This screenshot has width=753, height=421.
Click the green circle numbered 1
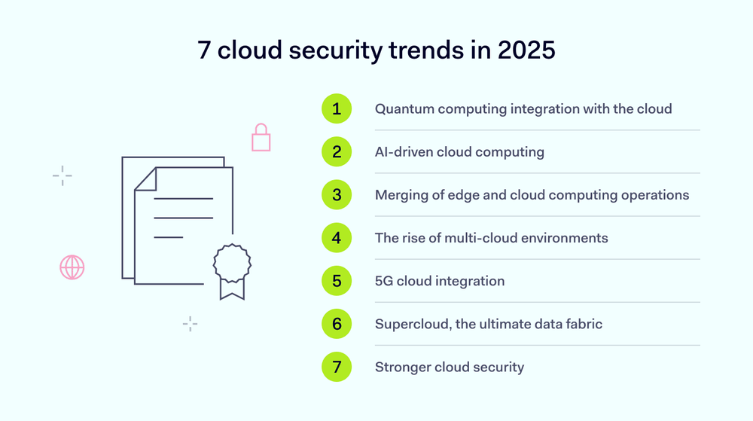tap(337, 108)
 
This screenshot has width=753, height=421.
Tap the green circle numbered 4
tap(337, 238)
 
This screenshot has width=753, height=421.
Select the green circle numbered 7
tap(337, 368)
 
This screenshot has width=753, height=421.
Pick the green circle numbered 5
tap(337, 281)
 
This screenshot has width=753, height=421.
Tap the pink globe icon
tap(72, 267)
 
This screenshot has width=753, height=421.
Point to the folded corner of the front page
tap(145, 178)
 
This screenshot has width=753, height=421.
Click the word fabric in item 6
tap(582, 325)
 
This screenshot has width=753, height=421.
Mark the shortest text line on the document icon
tap(169, 237)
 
